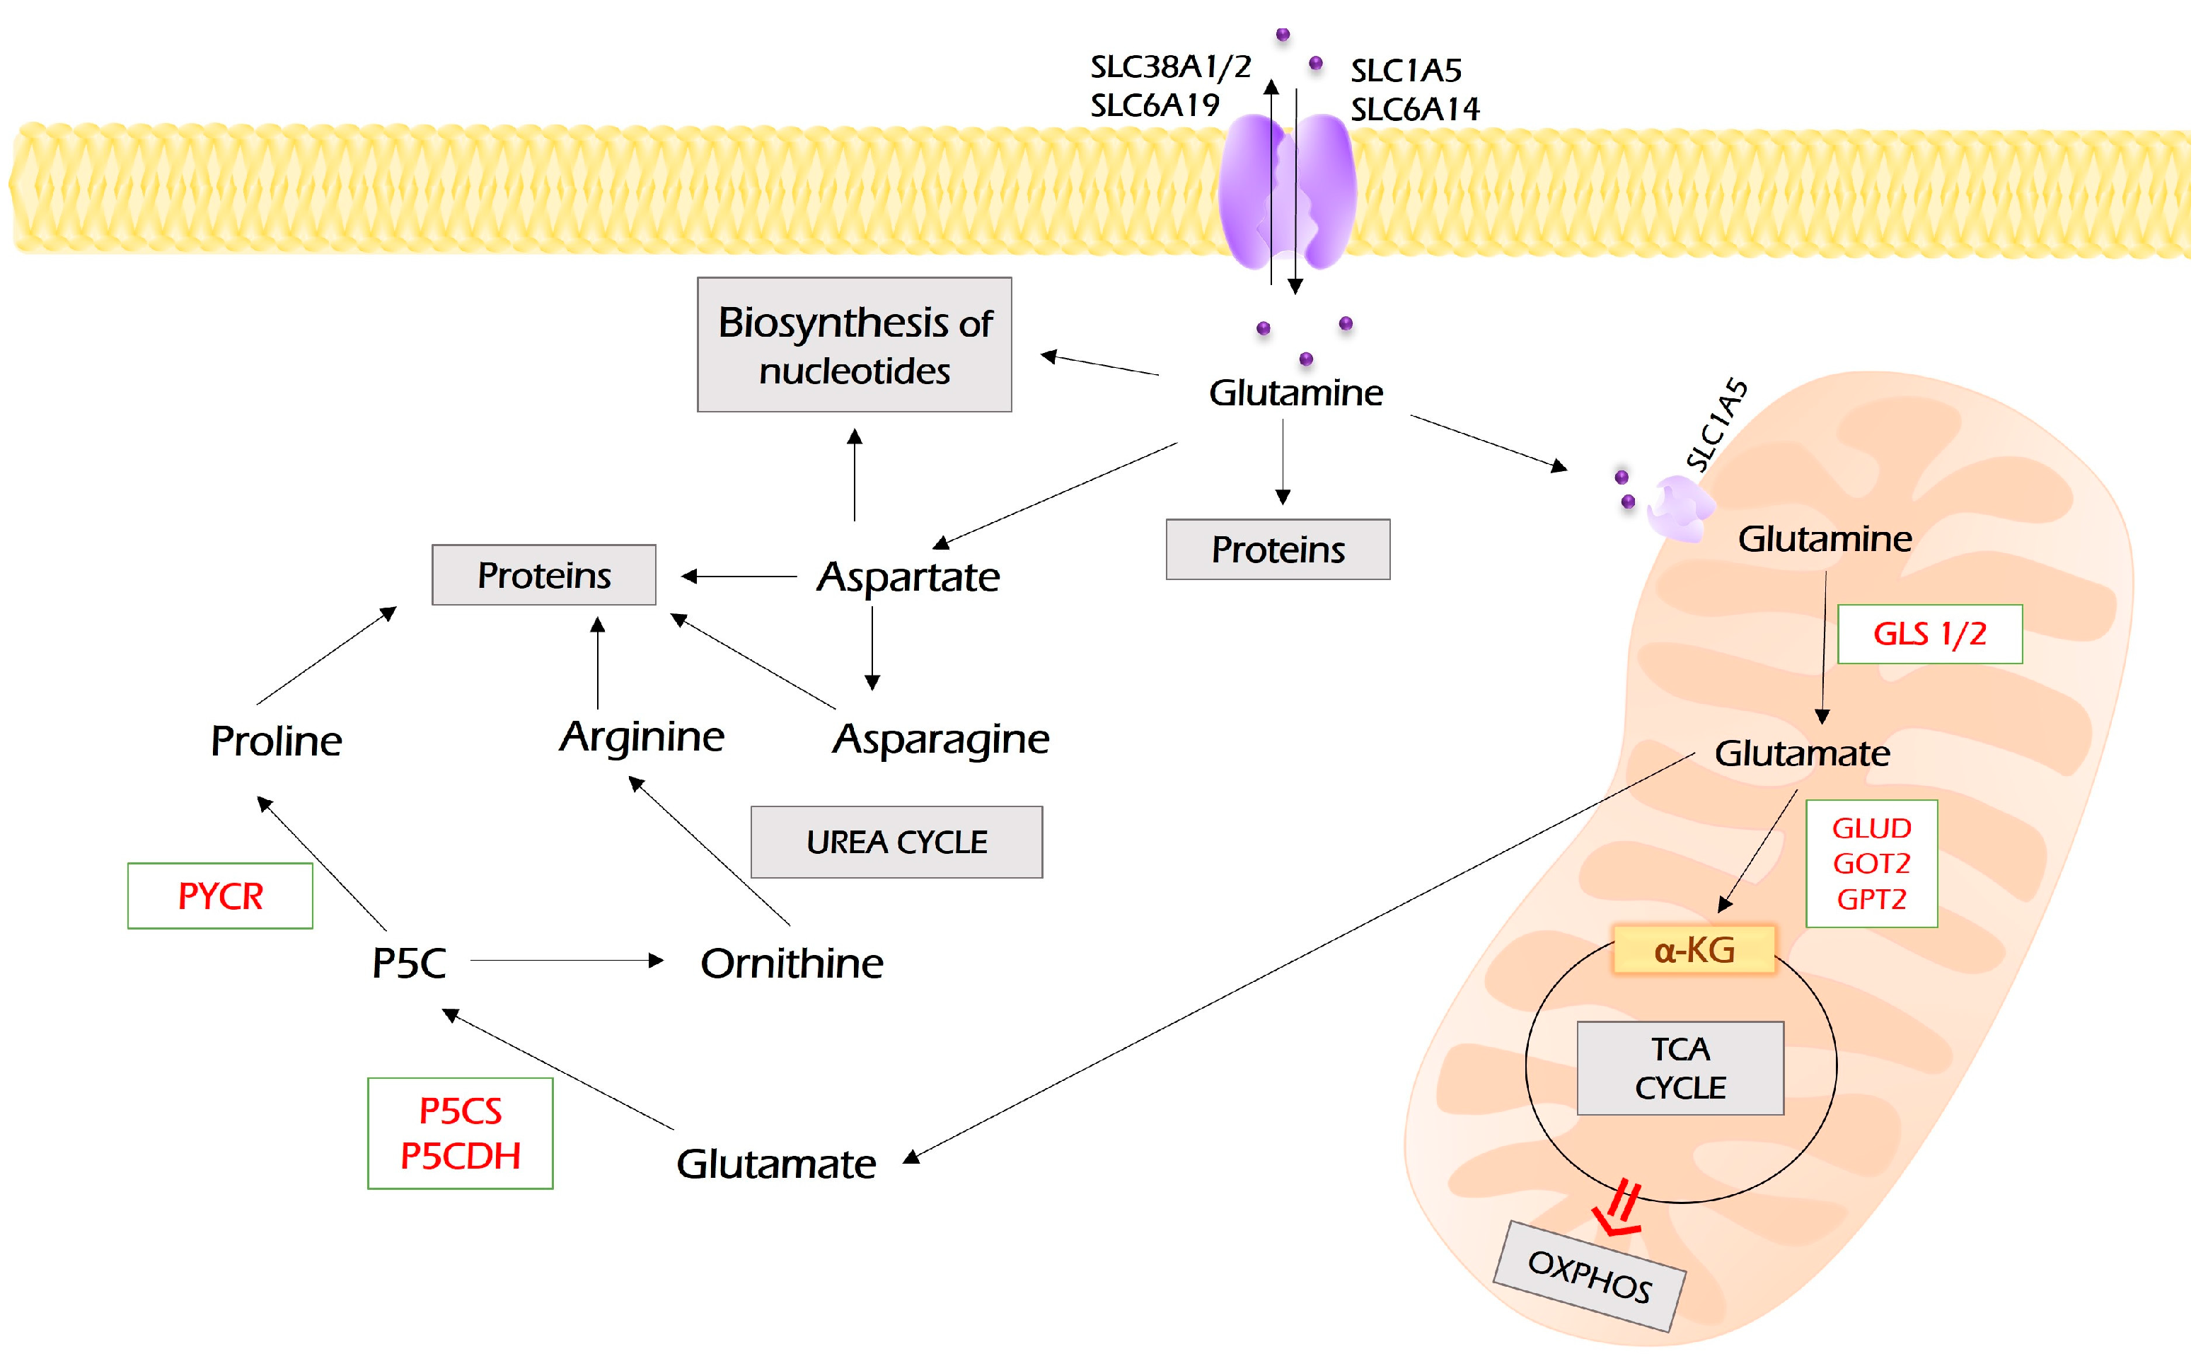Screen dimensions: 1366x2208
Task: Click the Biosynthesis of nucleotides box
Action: (854, 345)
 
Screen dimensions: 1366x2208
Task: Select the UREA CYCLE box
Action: (896, 841)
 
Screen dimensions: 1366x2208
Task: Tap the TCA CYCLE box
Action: (1680, 1068)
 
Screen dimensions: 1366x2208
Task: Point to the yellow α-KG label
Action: (1694, 949)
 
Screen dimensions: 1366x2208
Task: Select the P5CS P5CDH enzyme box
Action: (460, 1133)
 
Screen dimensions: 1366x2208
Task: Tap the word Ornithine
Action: (792, 963)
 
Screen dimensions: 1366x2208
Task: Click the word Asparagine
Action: (940, 739)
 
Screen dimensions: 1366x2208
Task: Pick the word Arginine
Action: (642, 736)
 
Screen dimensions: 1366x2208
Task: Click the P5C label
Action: (408, 963)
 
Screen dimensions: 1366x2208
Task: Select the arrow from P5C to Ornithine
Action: (567, 961)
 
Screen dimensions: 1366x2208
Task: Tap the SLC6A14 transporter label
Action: (1415, 110)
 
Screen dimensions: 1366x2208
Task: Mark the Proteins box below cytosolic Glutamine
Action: (1278, 549)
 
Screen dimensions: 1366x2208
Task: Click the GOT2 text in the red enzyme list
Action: (1871, 864)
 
